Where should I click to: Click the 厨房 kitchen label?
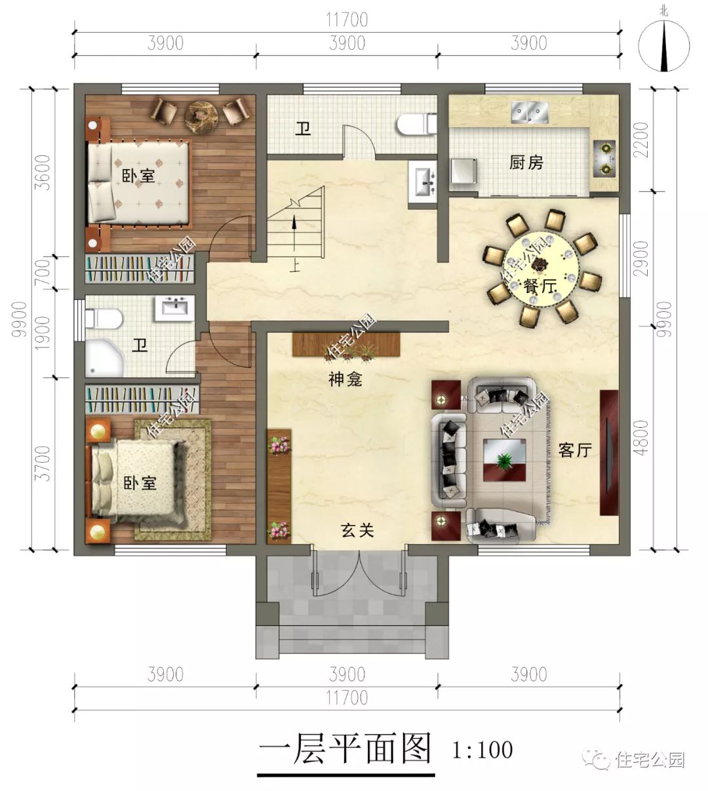click(x=526, y=163)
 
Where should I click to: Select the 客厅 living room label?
click(x=575, y=451)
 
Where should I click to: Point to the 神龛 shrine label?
click(x=345, y=379)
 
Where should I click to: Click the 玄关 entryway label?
click(x=357, y=530)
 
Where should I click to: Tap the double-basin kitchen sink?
click(x=530, y=112)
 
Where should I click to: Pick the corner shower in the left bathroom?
click(x=104, y=358)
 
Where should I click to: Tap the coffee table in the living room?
click(x=504, y=460)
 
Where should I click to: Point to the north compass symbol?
click(x=664, y=45)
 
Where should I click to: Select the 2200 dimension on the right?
click(x=642, y=140)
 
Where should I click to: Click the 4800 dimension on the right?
click(x=642, y=437)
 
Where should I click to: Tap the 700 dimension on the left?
click(x=44, y=273)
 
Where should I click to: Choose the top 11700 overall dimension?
click(x=347, y=20)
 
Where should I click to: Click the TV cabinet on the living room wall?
click(x=609, y=452)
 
